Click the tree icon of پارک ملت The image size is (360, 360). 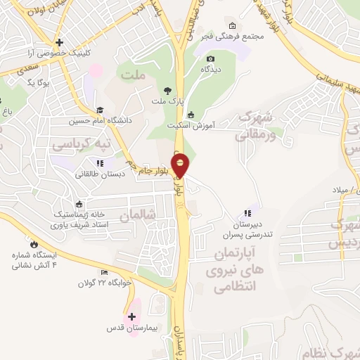tap(167, 91)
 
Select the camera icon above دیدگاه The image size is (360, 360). tap(211, 58)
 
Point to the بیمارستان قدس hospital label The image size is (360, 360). tap(134, 328)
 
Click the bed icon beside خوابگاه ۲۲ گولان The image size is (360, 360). tap(105, 272)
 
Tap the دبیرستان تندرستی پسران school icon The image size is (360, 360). tap(247, 212)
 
